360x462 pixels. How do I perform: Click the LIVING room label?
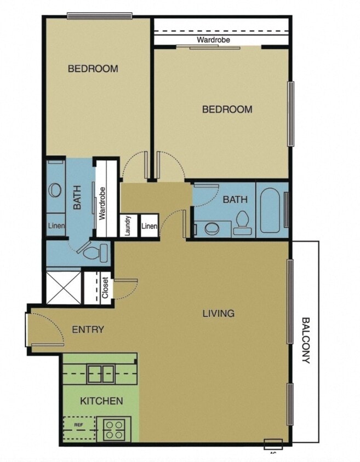pyautogui.click(x=219, y=314)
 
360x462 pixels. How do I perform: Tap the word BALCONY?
pyautogui.click(x=306, y=340)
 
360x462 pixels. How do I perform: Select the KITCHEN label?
pyautogui.click(x=101, y=401)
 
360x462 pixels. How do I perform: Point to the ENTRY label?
pyautogui.click(x=88, y=330)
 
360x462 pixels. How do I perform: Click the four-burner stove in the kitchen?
pyautogui.click(x=114, y=428)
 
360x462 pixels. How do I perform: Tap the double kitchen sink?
pyautogui.click(x=101, y=373)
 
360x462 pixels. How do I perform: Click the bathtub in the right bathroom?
pyautogui.click(x=270, y=210)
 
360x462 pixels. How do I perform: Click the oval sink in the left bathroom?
pyautogui.click(x=54, y=190)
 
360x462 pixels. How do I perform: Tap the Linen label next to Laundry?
pyautogui.click(x=149, y=226)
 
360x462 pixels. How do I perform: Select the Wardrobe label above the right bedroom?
pyautogui.click(x=213, y=40)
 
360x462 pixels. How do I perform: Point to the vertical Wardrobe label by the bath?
pyautogui.click(x=102, y=203)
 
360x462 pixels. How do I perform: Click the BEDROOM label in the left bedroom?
pyautogui.click(x=93, y=69)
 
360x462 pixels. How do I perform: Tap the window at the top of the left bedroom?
pyautogui.click(x=100, y=16)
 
